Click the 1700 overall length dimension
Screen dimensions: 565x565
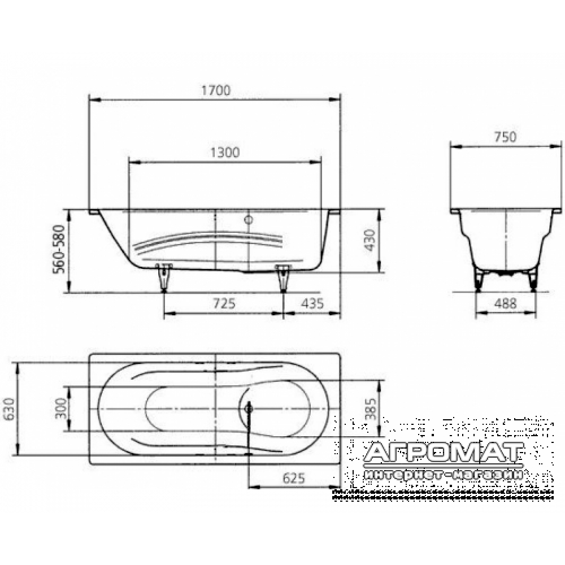click(x=215, y=90)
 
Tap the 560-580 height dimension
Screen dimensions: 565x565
click(x=59, y=249)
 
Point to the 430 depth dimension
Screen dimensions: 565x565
click(x=370, y=240)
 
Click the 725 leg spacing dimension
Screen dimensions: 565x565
click(x=224, y=303)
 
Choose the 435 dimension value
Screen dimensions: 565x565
click(x=312, y=303)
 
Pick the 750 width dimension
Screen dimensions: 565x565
click(x=505, y=137)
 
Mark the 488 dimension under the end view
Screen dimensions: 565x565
click(x=505, y=303)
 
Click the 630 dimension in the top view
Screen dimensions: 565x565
click(x=8, y=409)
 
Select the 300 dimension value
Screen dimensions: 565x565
click(x=60, y=408)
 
